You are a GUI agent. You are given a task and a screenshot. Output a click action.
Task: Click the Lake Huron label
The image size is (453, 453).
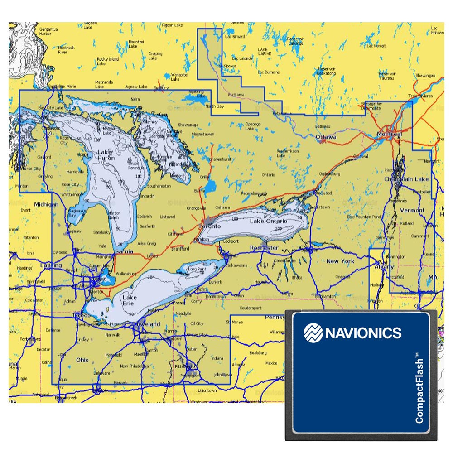(106, 155)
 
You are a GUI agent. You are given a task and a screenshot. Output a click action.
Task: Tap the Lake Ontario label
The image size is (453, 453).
(269, 221)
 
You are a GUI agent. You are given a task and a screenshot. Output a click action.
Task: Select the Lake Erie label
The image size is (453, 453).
(130, 300)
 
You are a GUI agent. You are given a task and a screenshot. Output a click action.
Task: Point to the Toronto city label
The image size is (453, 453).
(210, 226)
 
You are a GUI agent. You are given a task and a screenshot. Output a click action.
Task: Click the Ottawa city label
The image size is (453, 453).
(326, 137)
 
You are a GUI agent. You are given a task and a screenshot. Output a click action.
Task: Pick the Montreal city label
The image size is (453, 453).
(389, 135)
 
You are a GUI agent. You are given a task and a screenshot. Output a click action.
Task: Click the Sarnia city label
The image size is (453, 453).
(125, 251)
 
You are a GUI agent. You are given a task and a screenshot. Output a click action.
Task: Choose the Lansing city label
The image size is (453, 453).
(51, 265)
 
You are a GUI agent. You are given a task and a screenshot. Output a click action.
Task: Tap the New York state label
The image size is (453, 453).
(340, 261)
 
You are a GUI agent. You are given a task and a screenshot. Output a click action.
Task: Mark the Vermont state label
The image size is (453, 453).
(412, 210)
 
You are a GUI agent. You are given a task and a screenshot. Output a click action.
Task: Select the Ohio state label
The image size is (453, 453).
(82, 360)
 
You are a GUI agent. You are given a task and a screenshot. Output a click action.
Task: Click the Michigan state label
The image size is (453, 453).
(46, 204)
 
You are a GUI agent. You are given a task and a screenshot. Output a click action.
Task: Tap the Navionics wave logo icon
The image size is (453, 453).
(313, 333)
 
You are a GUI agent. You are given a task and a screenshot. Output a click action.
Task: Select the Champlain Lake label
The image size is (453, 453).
(406, 179)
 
